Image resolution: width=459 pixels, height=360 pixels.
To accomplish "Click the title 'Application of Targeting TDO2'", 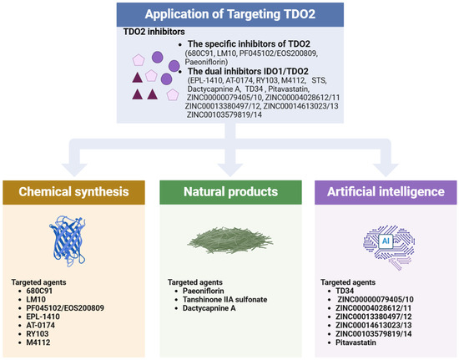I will [x=229, y=14].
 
